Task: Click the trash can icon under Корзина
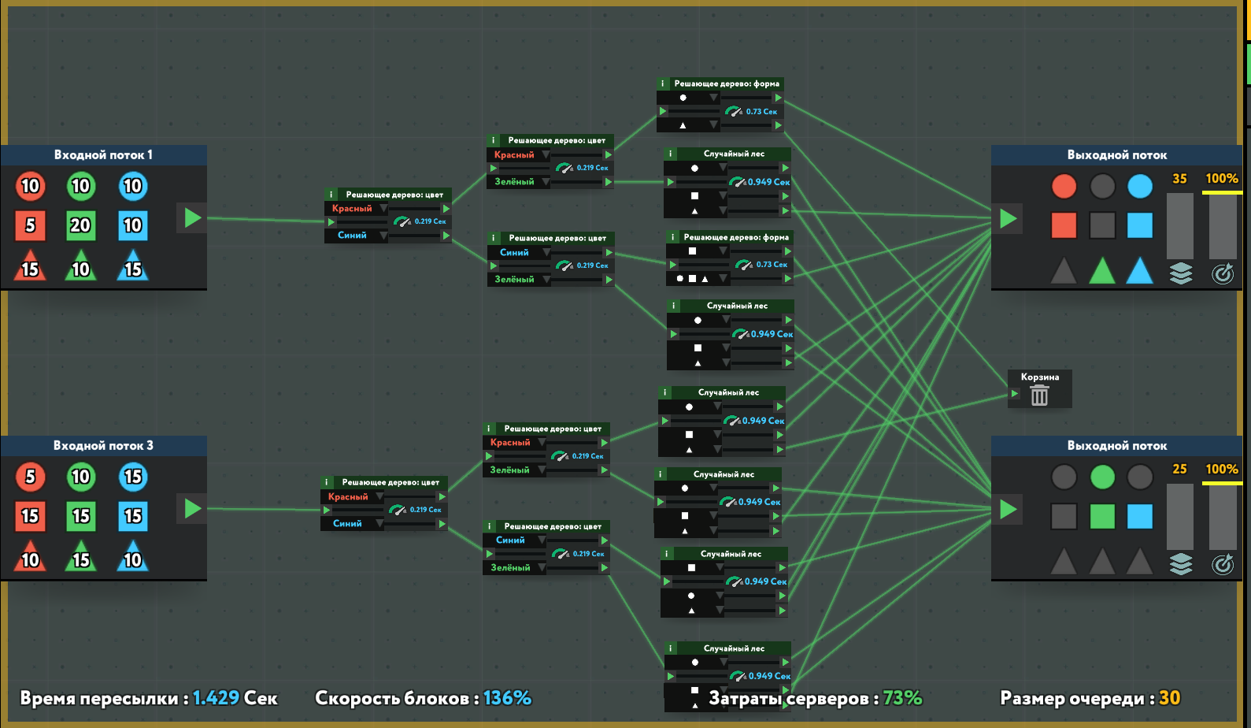click(x=1039, y=396)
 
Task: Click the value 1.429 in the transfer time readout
click(x=216, y=698)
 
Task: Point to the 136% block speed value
click(x=507, y=698)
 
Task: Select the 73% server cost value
click(x=902, y=698)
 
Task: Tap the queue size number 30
click(x=1169, y=698)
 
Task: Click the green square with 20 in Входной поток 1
click(x=80, y=226)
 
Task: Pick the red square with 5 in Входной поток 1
click(x=30, y=226)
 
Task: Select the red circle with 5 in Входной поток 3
click(x=30, y=477)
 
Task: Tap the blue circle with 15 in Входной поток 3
click(x=132, y=477)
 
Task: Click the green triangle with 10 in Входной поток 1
click(x=80, y=267)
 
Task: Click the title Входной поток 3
click(x=103, y=446)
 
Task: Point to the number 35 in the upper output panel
click(x=1179, y=179)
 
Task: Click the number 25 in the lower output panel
click(x=1179, y=469)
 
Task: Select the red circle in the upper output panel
click(x=1064, y=187)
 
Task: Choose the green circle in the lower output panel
click(x=1102, y=477)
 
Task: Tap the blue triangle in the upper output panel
click(x=1139, y=271)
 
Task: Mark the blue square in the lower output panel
click(x=1139, y=516)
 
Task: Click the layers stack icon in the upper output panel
click(x=1180, y=273)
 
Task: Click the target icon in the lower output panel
click(x=1222, y=564)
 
